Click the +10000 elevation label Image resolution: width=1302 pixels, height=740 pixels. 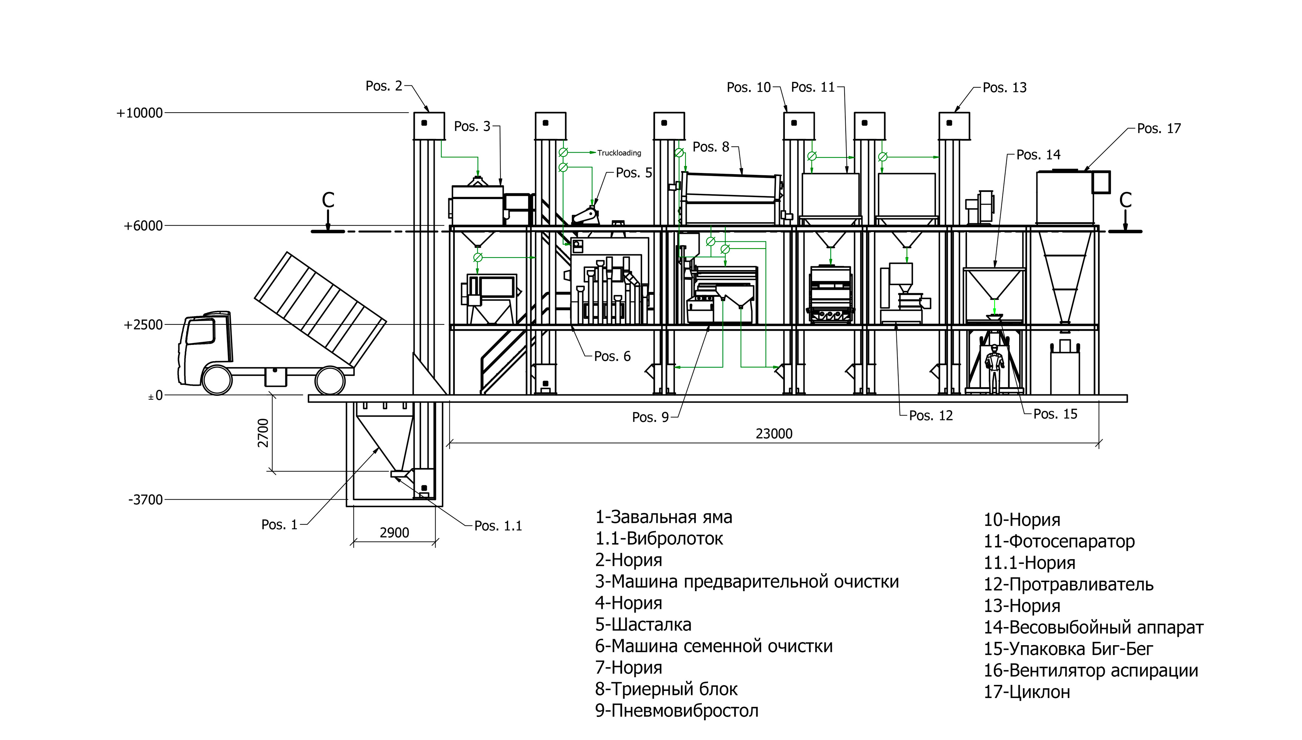139,113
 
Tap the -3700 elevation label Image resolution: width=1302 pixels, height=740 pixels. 145,500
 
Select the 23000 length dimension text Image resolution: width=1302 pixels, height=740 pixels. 774,434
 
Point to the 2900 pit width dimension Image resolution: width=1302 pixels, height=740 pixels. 394,533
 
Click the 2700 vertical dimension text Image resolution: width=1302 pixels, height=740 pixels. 263,433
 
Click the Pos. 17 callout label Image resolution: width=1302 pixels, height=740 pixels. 1159,128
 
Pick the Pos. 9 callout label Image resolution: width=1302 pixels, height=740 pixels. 650,417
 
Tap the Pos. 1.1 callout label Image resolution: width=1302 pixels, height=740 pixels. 498,526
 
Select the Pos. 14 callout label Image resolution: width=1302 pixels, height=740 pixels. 1038,155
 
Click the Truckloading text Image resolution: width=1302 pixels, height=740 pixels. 619,153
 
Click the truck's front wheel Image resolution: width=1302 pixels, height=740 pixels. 217,379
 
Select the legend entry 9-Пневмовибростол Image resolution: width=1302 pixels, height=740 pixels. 676,711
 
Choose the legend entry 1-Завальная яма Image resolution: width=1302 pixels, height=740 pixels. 664,518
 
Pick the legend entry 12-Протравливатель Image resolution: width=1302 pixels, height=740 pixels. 1068,584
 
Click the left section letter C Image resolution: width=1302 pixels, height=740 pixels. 328,200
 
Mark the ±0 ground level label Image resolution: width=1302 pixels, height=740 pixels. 156,395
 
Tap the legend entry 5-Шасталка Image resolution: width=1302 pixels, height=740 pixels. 643,625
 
